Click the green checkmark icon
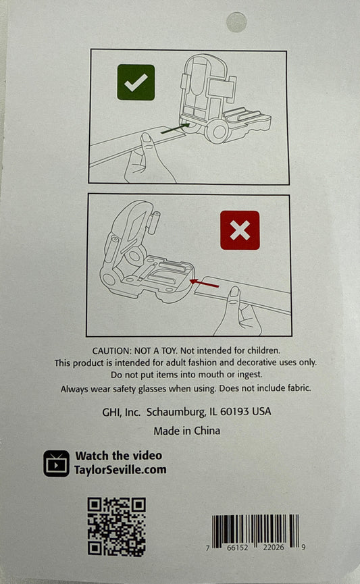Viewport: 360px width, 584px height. click(136, 82)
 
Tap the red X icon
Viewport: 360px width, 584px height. click(240, 230)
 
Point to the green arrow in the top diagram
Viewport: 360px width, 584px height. click(176, 128)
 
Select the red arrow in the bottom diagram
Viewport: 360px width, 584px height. click(204, 284)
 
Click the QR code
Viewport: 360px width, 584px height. click(117, 527)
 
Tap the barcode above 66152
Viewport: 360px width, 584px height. click(255, 529)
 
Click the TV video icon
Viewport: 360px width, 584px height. click(56, 463)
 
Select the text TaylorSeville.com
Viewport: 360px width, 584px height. click(120, 470)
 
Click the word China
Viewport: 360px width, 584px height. click(207, 431)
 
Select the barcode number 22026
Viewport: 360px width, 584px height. click(273, 547)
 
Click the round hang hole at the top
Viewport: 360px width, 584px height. click(236, 22)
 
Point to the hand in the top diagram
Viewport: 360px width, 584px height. click(148, 159)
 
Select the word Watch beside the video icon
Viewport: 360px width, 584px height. click(92, 456)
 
